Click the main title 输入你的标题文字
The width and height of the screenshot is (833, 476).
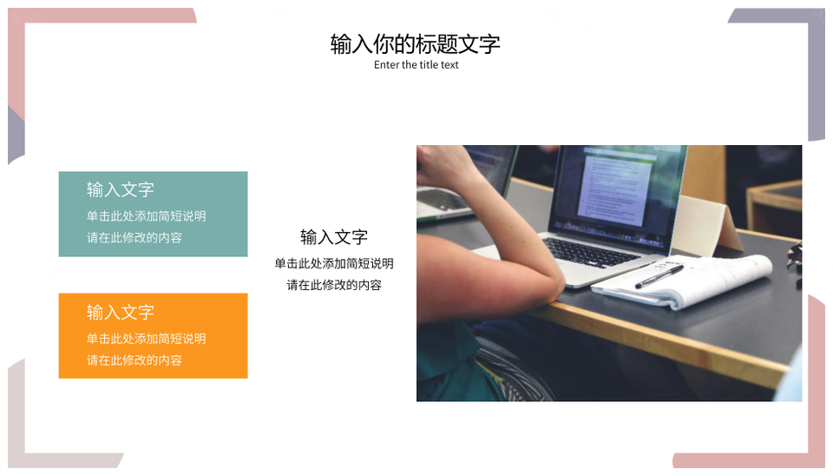(415, 43)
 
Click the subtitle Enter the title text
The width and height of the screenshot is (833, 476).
(416, 65)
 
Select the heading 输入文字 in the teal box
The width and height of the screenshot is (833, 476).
(120, 189)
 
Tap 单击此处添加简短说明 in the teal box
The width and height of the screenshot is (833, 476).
(146, 216)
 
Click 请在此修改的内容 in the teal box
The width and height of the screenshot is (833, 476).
(134, 237)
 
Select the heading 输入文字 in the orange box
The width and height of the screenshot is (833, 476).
(120, 312)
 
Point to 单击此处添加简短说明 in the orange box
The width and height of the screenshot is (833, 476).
(146, 338)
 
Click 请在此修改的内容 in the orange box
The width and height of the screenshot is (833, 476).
(134, 360)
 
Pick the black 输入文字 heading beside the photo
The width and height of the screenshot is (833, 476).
(333, 236)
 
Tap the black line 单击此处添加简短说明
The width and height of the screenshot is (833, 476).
(333, 263)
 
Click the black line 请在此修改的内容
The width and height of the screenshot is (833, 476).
(333, 285)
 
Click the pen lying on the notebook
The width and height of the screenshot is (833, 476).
(659, 276)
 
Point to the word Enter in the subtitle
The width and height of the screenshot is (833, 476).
(386, 65)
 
